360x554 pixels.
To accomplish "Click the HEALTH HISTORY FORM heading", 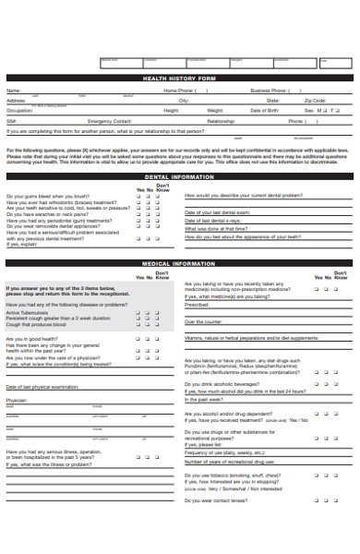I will click(x=180, y=79).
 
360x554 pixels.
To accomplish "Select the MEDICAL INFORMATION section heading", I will click(x=180, y=264).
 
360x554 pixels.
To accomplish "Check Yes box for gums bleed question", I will click(x=139, y=197).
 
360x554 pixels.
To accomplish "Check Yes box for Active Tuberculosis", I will click(x=139, y=312).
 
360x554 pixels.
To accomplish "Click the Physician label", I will click(x=17, y=400).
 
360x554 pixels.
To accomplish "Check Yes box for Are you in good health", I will click(x=139, y=339).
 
